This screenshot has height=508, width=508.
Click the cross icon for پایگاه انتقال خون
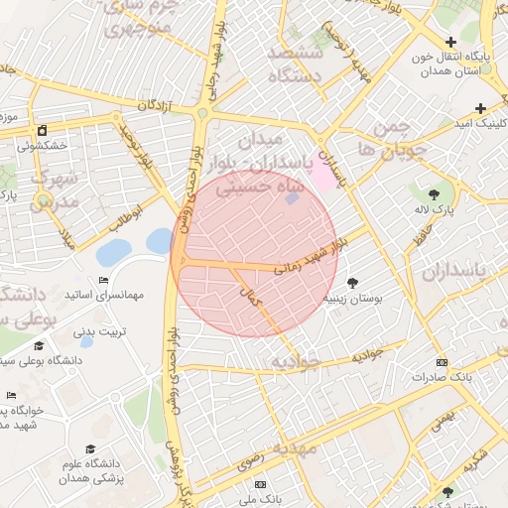pos(451,42)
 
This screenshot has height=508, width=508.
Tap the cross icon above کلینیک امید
pos(480,108)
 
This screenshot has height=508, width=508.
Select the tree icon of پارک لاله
pos(434,192)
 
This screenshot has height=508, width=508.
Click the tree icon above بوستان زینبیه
pos(353,284)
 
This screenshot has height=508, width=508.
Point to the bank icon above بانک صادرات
pos(442,362)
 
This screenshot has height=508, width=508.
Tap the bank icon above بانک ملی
pos(260,484)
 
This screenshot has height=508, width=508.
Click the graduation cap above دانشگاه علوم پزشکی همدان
pos(91,448)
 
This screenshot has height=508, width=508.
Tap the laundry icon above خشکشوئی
pos(42,130)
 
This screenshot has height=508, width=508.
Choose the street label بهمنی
pos(443,416)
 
